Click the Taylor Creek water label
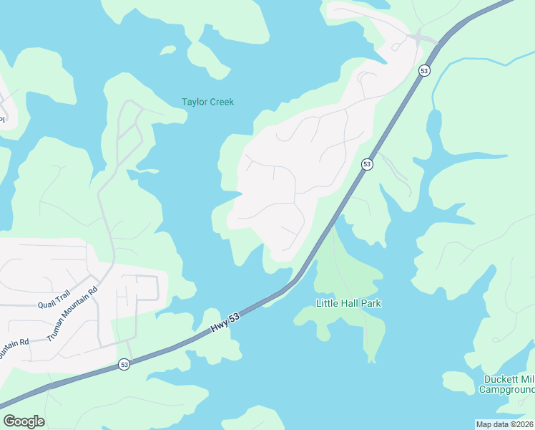coord(207,102)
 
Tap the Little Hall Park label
coord(348,303)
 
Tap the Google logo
coord(24,421)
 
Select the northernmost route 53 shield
coord(424,70)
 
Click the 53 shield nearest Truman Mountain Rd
coord(124,364)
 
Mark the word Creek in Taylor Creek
coord(221,102)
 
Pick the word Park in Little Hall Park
coord(370,303)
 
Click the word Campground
coord(506,389)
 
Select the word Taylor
coord(194,102)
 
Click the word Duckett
coord(498,379)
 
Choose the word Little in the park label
coord(327,303)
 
